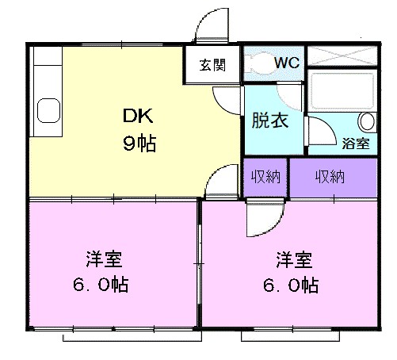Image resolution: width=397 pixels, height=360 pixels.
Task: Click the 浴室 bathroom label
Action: (355, 144)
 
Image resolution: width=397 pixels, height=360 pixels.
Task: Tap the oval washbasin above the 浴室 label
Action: (367, 122)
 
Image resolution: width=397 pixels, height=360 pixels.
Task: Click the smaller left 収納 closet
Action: (265, 177)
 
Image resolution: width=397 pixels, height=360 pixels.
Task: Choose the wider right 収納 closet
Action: (330, 177)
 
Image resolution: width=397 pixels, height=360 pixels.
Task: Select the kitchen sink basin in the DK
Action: (47, 111)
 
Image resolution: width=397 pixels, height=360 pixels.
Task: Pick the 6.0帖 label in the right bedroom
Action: (293, 285)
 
